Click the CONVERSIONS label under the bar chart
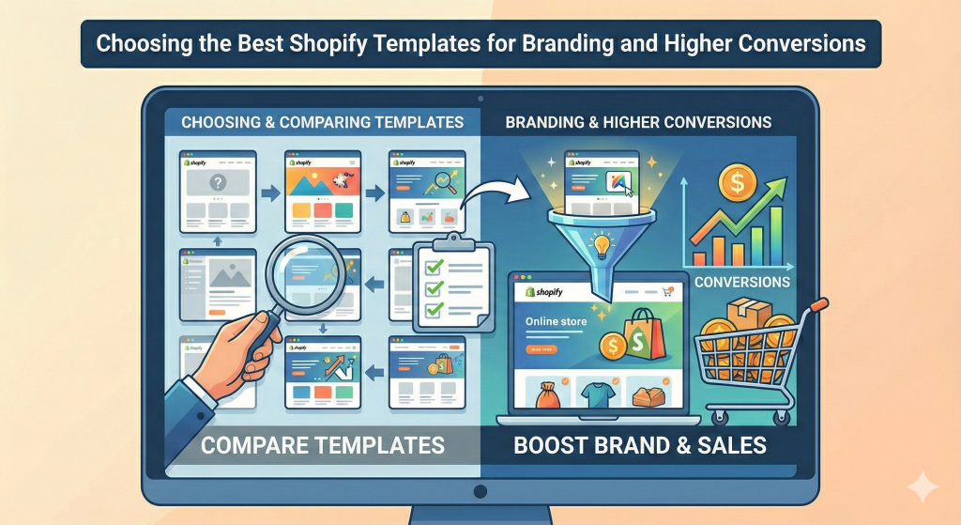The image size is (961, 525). click(x=742, y=281)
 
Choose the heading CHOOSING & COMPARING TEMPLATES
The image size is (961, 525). click(x=322, y=122)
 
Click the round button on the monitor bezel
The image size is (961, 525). click(x=480, y=491)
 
